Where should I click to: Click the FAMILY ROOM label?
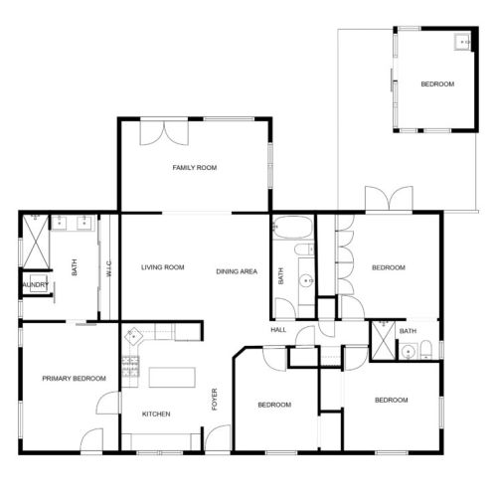(x=194, y=168)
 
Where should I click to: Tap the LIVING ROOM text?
(x=163, y=267)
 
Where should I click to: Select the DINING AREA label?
(x=238, y=270)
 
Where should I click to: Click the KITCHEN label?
(x=156, y=414)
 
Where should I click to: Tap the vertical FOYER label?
(x=214, y=399)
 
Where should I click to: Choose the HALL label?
(x=278, y=330)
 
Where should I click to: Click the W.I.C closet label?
(x=108, y=267)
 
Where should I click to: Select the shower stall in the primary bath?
(x=34, y=240)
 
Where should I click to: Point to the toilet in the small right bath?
(x=424, y=349)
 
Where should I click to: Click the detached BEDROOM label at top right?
(x=437, y=84)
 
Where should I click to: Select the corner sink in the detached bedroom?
(x=462, y=42)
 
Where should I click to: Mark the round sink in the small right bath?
(x=408, y=350)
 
